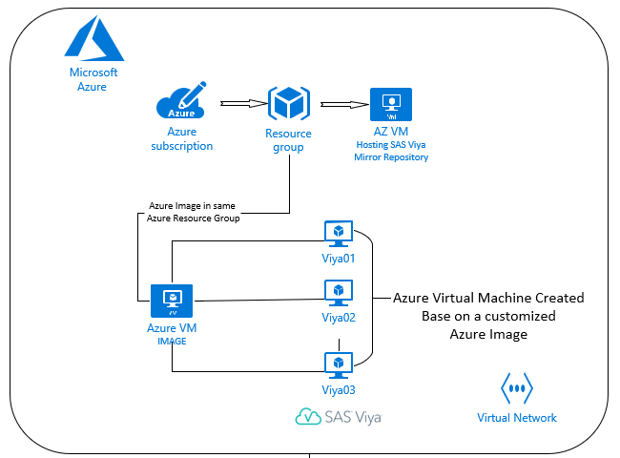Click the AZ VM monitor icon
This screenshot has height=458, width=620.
coord(390,104)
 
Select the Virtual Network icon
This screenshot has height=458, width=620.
coord(517,389)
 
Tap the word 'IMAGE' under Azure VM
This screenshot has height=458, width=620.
coord(173,340)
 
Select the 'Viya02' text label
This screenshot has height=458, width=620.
coord(339,318)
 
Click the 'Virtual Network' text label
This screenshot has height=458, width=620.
coord(517,417)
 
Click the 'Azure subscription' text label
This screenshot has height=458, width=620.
coord(181,138)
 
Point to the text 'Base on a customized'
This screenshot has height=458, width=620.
coord(489,316)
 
